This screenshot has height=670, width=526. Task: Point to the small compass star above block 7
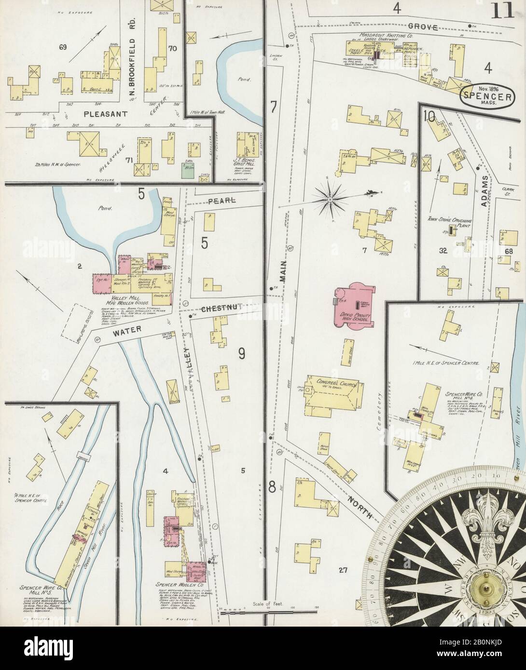[x=330, y=199]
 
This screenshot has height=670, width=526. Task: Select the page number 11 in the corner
[x=502, y=12]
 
